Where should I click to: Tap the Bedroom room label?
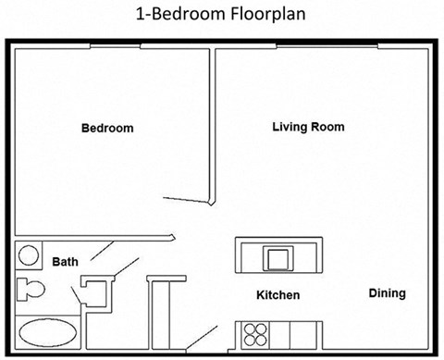coord(107,129)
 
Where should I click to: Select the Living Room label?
coord(308,127)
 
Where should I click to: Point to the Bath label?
coord(65,262)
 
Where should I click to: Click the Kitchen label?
coord(277,295)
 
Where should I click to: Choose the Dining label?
coord(387,293)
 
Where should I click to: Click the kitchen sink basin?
coord(277,256)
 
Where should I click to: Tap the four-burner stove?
coord(255,334)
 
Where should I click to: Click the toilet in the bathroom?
coord(31,289)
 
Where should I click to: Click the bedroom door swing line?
coord(185,200)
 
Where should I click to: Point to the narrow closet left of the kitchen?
coord(160,315)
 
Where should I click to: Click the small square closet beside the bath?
coord(95,292)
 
